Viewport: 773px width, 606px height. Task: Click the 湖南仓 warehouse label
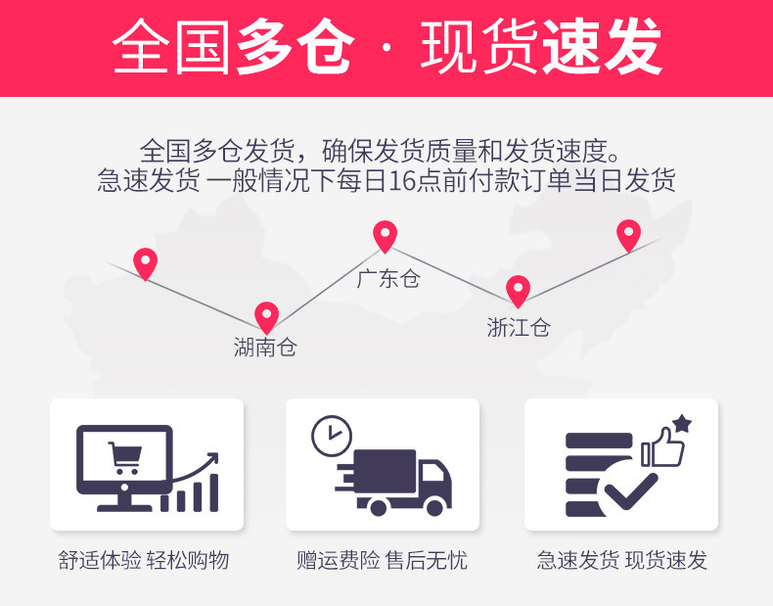click(x=264, y=347)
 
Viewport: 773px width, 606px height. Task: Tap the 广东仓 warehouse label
click(x=387, y=278)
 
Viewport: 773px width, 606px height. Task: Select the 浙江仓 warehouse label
click(x=518, y=327)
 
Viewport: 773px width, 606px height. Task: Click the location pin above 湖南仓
click(x=266, y=316)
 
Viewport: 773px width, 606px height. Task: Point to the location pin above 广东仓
click(x=386, y=236)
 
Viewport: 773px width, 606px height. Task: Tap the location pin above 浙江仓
click(x=518, y=291)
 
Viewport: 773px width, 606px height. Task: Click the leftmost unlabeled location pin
click(x=145, y=263)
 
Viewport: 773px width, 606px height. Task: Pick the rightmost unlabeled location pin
click(x=628, y=235)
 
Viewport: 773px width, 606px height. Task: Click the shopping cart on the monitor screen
click(x=125, y=457)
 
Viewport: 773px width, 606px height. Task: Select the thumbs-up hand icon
click(x=662, y=448)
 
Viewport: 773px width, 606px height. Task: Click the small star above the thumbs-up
click(x=681, y=424)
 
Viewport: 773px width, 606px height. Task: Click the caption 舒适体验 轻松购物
click(x=144, y=560)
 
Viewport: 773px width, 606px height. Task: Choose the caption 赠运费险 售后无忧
click(x=383, y=560)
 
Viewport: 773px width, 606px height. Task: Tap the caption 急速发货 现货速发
click(x=621, y=560)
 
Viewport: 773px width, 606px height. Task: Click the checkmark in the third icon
click(x=629, y=487)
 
